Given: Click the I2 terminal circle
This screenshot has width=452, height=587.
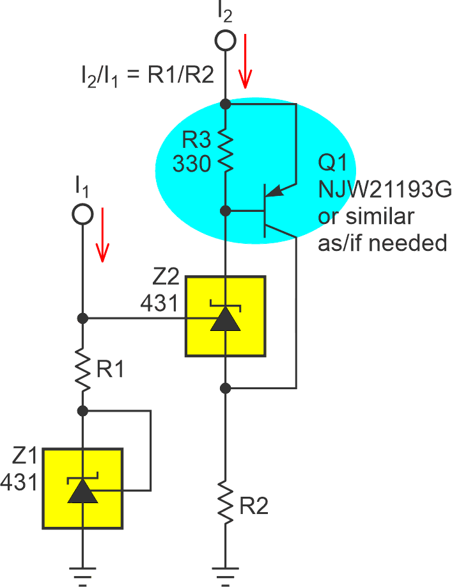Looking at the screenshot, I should (x=224, y=40).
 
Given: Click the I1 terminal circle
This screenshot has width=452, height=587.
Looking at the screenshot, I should (x=82, y=214).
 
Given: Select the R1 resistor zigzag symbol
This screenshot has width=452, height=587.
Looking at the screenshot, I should (x=82, y=370).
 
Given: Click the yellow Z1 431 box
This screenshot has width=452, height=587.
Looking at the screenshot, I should (x=82, y=488).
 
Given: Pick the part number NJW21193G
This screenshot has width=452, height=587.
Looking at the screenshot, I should (x=385, y=189).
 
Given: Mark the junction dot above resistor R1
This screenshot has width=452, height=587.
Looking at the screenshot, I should (x=82, y=318).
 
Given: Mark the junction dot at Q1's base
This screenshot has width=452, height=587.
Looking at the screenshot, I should (x=224, y=210).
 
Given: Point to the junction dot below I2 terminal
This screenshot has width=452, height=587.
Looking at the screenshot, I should (x=224, y=103).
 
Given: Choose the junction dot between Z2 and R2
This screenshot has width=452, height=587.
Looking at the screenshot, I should (x=224, y=388).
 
